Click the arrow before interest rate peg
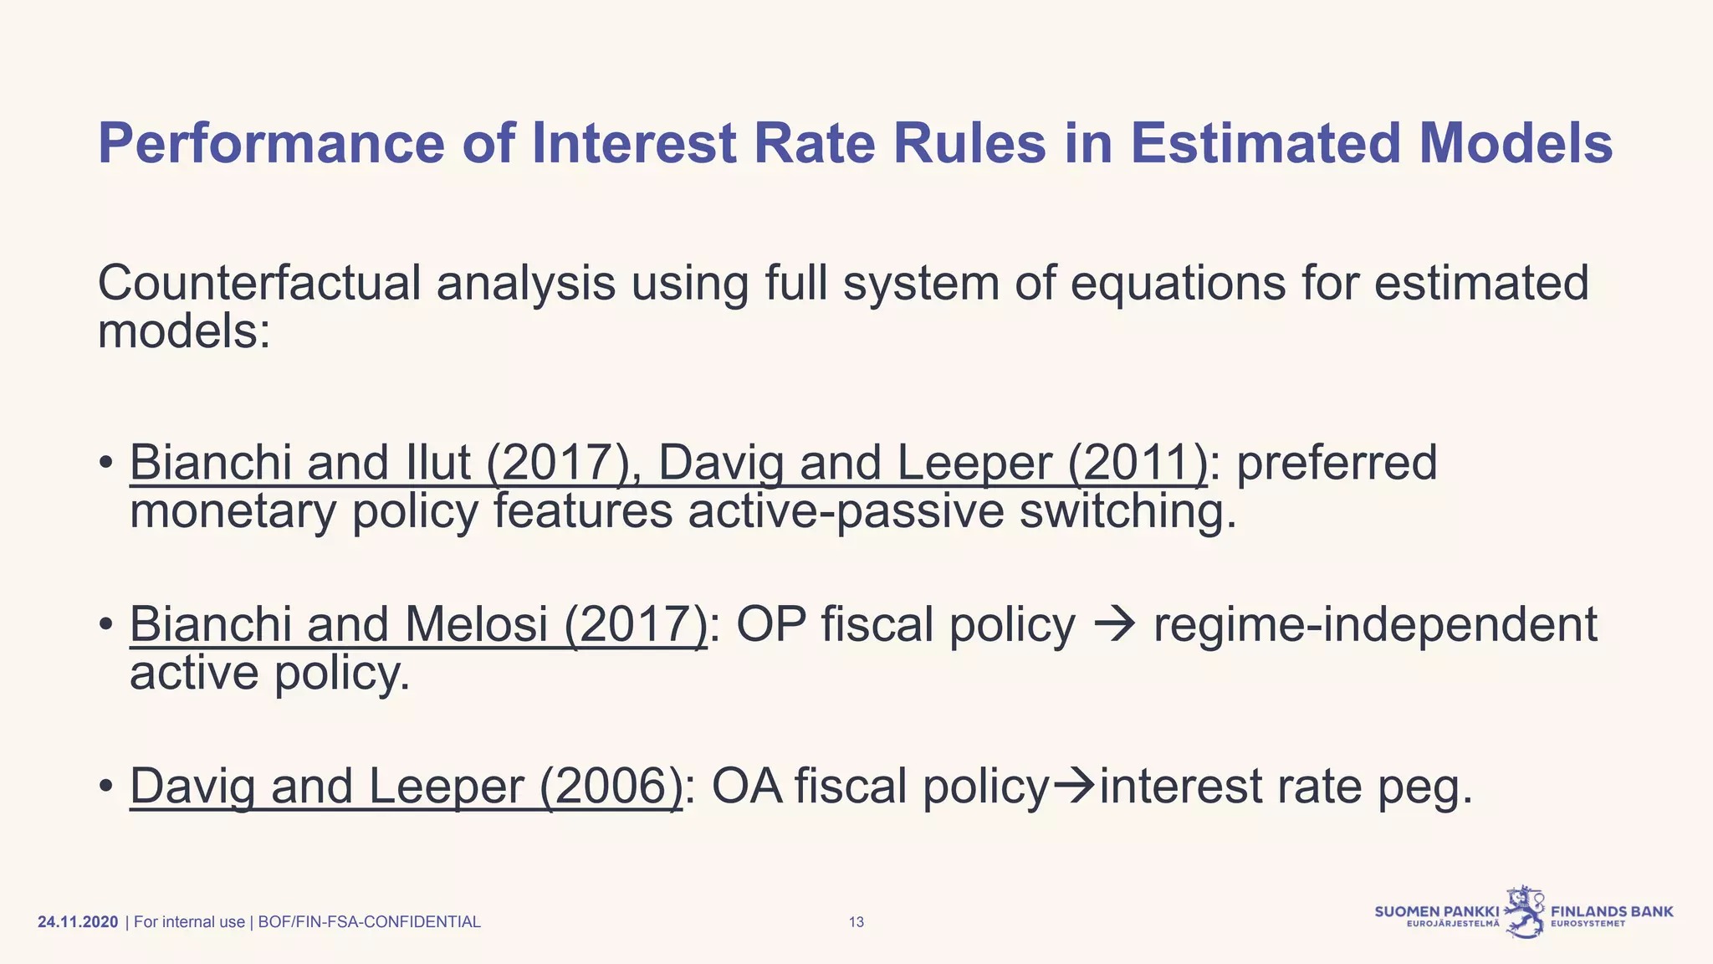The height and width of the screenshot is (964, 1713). [1074, 787]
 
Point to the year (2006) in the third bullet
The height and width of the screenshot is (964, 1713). [611, 787]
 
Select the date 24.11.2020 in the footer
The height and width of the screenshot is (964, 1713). [78, 922]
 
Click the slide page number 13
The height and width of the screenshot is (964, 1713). [856, 922]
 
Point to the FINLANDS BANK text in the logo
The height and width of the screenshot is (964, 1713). [1612, 911]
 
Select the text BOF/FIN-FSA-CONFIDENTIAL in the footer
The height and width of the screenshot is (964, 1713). [369, 922]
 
